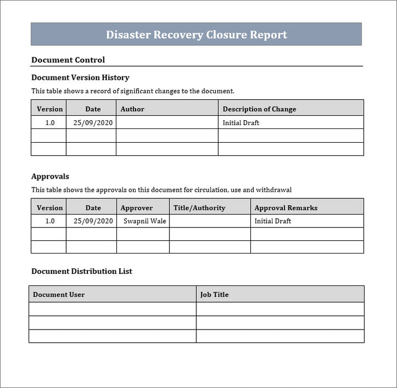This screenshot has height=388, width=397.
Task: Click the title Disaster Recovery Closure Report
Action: coord(196,35)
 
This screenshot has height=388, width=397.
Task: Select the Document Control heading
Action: coord(68,60)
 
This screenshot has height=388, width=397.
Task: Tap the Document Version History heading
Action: coord(80,78)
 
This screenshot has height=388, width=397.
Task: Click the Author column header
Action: coord(132,109)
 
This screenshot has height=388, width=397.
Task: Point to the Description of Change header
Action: coord(259,109)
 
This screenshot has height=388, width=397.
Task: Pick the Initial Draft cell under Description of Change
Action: coord(241,123)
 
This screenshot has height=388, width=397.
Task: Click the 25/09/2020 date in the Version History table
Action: coord(93,123)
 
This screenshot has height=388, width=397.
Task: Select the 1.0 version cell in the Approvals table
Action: coord(50,221)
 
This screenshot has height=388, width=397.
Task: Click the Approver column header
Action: coord(136,208)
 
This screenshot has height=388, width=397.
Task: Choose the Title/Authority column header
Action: coord(199,208)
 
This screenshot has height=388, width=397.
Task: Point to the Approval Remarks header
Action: coord(286,208)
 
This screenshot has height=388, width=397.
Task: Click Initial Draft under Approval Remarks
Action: coord(272,221)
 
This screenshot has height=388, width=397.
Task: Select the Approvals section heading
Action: coord(50,176)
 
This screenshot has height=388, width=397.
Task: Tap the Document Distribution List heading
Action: coord(82,271)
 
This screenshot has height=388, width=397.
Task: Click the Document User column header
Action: coord(58,295)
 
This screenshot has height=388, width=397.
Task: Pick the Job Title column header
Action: coord(214,295)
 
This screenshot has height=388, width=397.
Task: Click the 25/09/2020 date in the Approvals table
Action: coord(93,221)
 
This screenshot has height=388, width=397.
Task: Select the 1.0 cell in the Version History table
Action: coord(50,123)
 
